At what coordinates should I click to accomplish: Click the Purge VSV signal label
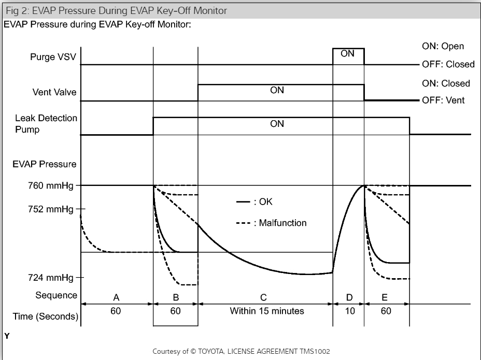(52, 57)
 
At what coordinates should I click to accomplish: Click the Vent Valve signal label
(53, 93)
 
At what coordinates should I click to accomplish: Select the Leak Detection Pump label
(46, 123)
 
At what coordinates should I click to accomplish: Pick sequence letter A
(117, 297)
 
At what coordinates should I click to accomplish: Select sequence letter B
(175, 297)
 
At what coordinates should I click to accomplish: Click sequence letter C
(264, 297)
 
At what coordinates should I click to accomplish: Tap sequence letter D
(349, 297)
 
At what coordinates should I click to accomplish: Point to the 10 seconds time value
(350, 312)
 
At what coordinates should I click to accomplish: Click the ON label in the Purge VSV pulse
(348, 53)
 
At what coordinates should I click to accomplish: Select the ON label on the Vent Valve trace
(277, 90)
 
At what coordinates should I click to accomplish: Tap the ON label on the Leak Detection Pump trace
(277, 124)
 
